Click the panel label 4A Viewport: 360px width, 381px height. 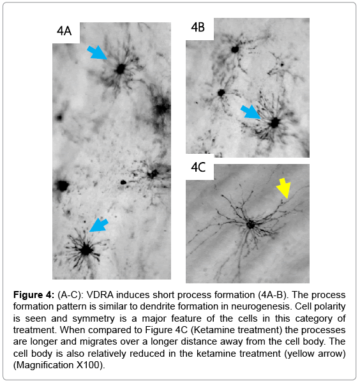(x=64, y=31)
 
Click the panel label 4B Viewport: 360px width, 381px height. (x=198, y=27)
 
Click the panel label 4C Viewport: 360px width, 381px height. (x=198, y=167)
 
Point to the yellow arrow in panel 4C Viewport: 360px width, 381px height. (x=283, y=188)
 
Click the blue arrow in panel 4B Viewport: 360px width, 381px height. (x=250, y=112)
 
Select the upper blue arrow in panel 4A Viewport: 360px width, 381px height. (x=97, y=52)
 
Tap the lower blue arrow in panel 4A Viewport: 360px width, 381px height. (x=99, y=225)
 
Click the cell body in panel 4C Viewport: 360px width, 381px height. (x=250, y=225)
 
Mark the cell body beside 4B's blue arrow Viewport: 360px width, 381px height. (x=275, y=123)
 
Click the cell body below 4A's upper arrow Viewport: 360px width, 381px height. (x=121, y=69)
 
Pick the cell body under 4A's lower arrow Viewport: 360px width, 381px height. (x=86, y=250)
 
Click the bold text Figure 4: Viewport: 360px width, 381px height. (x=34, y=295)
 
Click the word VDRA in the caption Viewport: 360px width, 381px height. (x=100, y=295)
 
